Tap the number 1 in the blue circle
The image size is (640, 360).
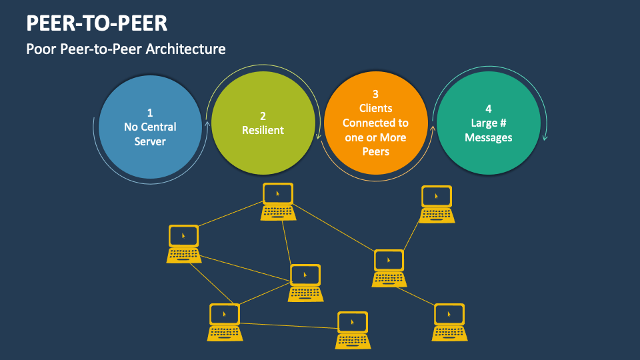(150, 113)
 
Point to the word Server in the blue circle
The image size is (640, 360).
(150, 141)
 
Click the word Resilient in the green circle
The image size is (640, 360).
(263, 131)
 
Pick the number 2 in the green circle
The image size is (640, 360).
(263, 115)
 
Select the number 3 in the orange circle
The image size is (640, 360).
(375, 94)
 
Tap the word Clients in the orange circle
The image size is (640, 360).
(375, 108)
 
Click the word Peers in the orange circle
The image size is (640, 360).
(375, 151)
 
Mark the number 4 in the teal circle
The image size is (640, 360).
(489, 108)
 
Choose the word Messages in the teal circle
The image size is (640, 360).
(489, 137)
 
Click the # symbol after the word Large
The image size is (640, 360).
(505, 123)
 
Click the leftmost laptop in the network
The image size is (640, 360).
(183, 243)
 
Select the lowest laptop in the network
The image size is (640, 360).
(353, 330)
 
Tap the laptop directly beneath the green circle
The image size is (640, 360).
(277, 201)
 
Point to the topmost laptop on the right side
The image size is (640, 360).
(437, 204)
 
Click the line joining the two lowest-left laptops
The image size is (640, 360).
(287, 325)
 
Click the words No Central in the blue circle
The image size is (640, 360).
(150, 127)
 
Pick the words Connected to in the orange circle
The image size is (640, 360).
(375, 123)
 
